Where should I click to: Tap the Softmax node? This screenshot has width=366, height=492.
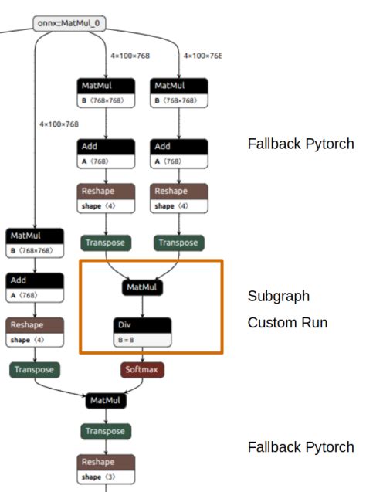point(142,370)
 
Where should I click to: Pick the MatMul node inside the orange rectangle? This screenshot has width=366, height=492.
point(142,287)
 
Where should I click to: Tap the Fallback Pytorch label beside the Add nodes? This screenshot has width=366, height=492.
point(300,144)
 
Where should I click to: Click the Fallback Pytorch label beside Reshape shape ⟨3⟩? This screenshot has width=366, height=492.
point(300,447)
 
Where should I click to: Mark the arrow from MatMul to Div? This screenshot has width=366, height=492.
point(142,305)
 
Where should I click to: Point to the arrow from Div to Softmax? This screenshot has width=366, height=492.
point(142,355)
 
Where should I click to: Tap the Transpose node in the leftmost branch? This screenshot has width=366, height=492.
point(34,370)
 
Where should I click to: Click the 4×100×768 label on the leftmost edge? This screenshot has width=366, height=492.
point(59,124)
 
